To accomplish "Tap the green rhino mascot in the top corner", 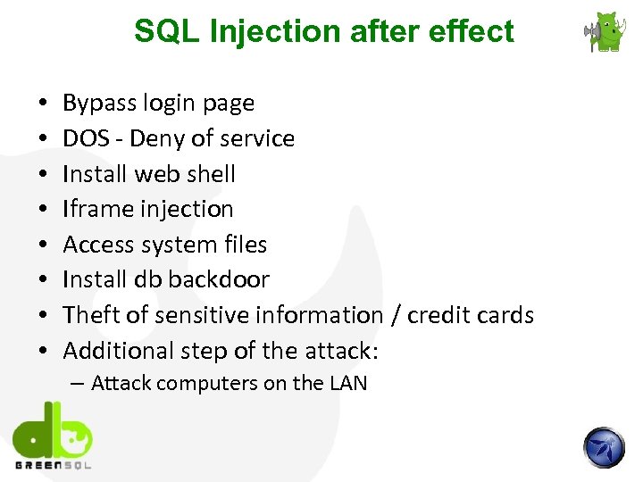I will click(x=606, y=32).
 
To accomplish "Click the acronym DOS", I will click(x=83, y=138).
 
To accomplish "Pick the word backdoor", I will click(x=219, y=279).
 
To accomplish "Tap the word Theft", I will click(x=88, y=315).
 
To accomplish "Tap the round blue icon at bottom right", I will click(x=604, y=447).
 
